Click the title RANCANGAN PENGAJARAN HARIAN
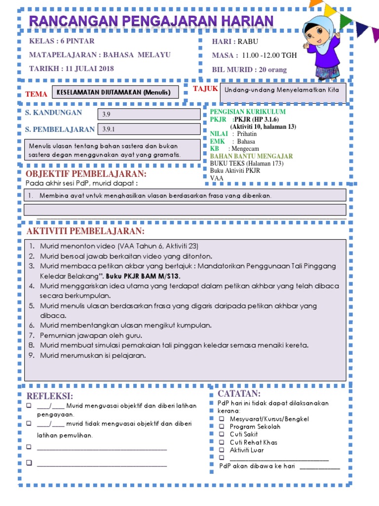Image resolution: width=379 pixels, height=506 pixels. coord(151,22)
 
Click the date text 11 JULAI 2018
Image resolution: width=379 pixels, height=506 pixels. coord(87,69)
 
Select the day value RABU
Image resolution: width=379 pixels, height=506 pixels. coord(248,42)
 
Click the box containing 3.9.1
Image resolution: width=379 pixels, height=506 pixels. coord(150,129)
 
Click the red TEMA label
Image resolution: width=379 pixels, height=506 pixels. coord(37,94)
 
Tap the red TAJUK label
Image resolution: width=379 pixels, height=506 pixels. coord(205,88)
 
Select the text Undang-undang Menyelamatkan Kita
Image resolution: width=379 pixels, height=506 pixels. coord(282,90)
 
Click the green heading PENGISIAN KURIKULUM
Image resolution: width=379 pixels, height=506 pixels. coord(248,112)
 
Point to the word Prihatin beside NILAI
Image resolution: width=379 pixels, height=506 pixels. coord(247,134)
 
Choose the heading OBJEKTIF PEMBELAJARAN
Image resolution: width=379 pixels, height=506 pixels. coord(86,174)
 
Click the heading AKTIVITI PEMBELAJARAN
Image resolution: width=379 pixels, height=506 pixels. coord(85,232)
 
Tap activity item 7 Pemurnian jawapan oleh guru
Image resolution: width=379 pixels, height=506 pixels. coord(89,336)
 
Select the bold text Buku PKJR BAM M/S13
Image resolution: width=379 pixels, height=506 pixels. coord(143,276)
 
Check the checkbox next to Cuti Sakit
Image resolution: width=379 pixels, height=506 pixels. coord(222,434)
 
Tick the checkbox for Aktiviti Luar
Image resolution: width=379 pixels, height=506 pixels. coord(222,450)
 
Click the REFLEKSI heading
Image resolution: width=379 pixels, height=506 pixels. coord(50,396)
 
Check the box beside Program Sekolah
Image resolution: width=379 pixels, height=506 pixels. coord(222,426)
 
